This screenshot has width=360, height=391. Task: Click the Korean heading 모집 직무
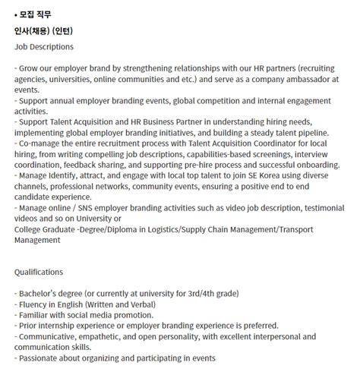(x=37, y=14)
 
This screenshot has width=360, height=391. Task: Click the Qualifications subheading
(x=39, y=272)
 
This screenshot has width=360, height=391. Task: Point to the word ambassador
(x=296, y=79)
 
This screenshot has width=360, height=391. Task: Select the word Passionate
(x=42, y=358)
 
